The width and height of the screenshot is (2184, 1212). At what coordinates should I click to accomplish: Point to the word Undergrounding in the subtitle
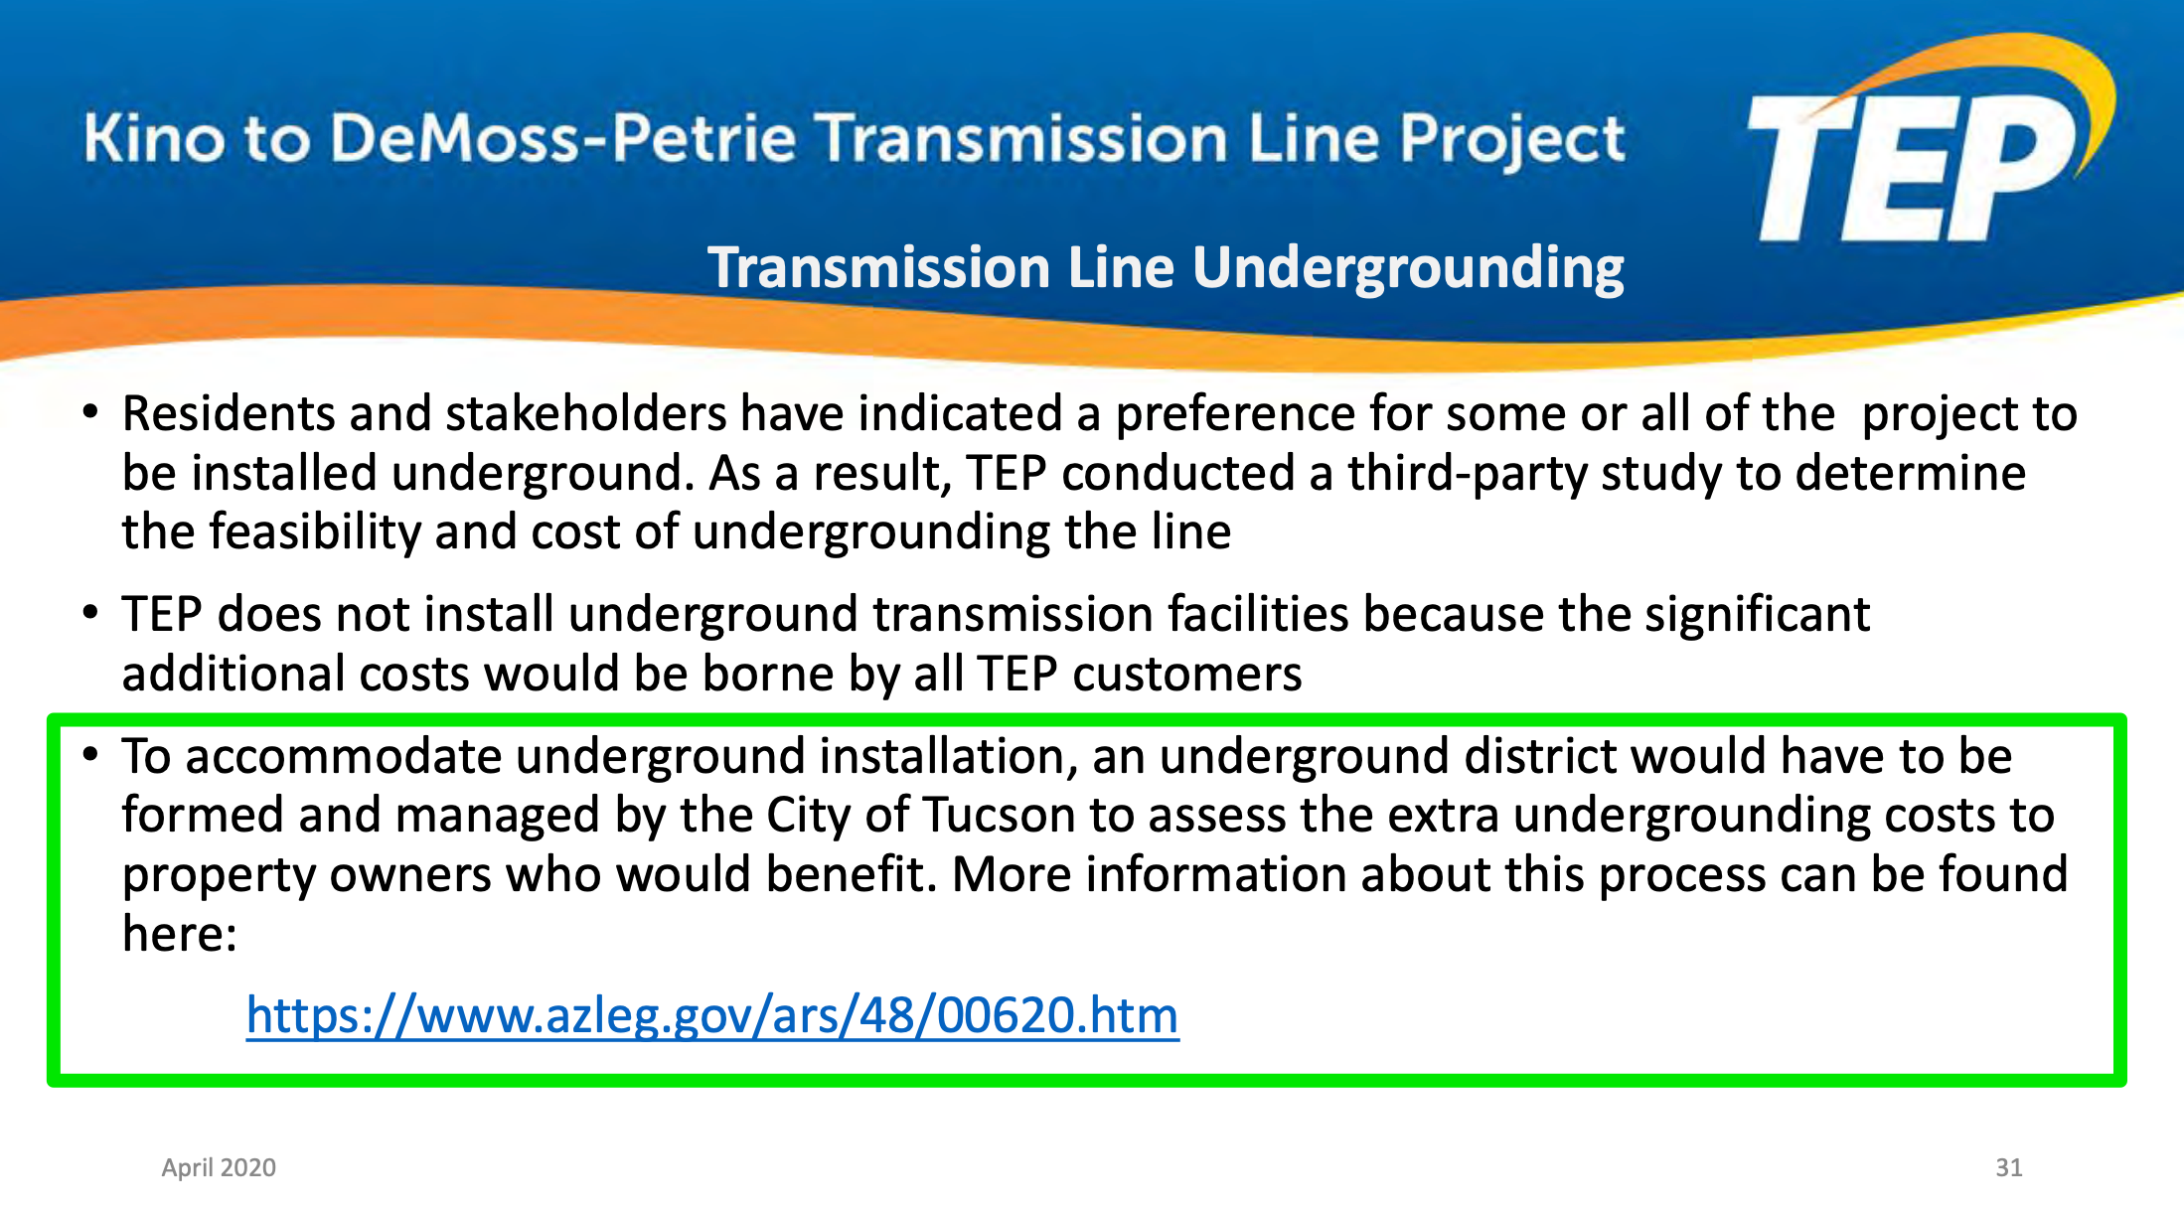click(1408, 269)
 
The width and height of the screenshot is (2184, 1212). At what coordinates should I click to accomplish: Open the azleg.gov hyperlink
click(712, 1016)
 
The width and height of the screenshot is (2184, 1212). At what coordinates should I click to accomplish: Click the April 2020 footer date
click(219, 1167)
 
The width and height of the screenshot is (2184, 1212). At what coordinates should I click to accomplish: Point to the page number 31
click(2009, 1167)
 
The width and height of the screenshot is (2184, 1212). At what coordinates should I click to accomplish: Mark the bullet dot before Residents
click(90, 411)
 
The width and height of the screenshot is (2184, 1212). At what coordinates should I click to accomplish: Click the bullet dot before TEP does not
click(90, 612)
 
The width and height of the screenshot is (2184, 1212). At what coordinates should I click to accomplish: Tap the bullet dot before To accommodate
click(90, 754)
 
